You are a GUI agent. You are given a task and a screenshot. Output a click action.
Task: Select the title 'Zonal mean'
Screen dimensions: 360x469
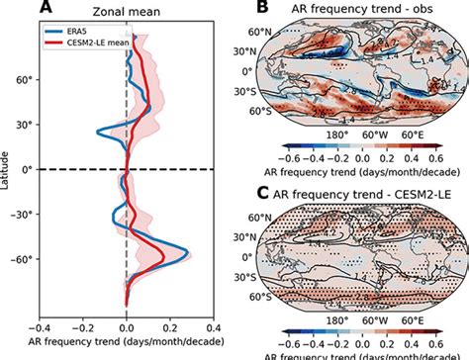tap(131, 11)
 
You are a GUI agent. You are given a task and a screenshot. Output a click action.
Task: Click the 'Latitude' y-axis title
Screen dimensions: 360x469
tap(8, 169)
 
